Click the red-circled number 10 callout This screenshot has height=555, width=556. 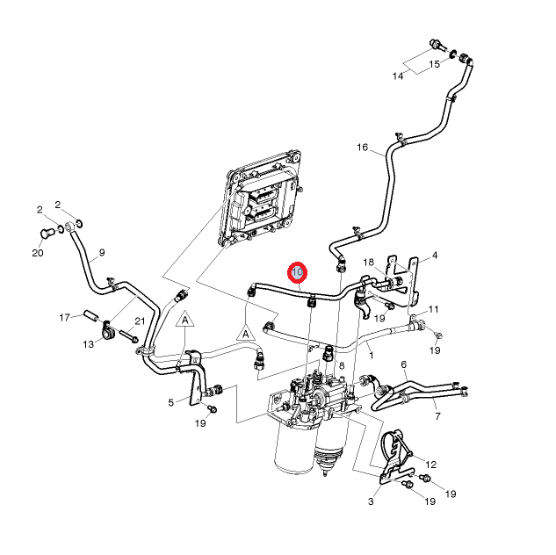click(298, 273)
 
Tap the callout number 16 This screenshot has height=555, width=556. click(363, 148)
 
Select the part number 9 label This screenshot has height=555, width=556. click(101, 253)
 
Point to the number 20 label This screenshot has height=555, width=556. click(37, 254)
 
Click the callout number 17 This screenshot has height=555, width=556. click(64, 316)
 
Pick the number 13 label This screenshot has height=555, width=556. click(88, 344)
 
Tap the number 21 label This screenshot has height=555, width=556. click(139, 321)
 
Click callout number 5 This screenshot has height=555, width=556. click(171, 403)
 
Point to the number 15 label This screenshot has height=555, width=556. click(434, 65)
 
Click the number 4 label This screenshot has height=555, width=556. click(434, 256)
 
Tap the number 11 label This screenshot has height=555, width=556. click(434, 309)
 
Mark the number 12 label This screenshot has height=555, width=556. click(431, 464)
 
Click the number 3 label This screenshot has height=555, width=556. click(371, 501)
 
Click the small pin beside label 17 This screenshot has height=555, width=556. click(90, 314)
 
